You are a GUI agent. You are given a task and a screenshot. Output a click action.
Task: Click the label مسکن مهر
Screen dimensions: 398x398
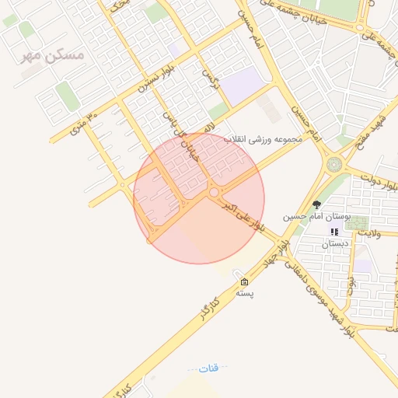click(x=53, y=56)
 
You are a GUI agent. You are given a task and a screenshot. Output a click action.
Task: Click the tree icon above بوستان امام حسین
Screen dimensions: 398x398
click(x=316, y=204)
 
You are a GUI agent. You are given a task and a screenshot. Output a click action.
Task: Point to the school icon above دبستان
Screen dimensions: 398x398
click(x=335, y=232)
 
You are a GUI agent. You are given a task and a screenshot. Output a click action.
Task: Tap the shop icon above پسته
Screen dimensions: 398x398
click(x=245, y=281)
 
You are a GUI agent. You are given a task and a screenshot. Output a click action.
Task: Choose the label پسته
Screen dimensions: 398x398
click(x=245, y=294)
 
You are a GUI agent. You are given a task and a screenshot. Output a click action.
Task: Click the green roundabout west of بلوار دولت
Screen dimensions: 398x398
click(x=335, y=166)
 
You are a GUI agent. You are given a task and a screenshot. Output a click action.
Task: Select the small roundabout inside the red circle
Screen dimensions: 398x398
click(x=213, y=192)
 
